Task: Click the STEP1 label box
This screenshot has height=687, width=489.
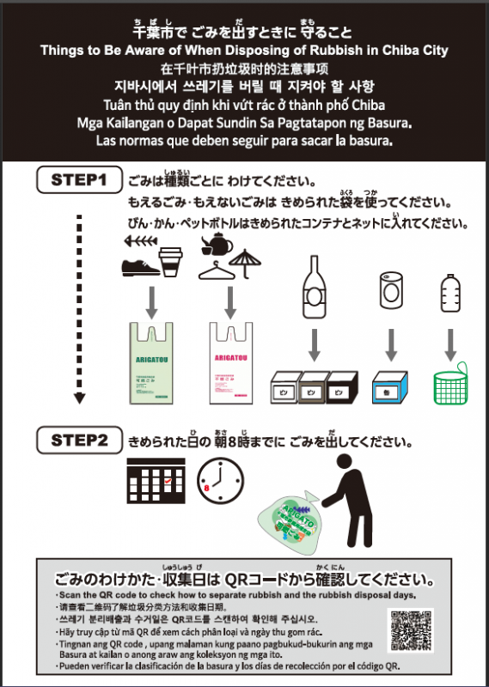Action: coord(79,180)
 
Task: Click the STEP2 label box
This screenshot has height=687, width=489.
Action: coord(79,441)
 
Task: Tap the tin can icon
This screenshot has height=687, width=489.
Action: coord(388,293)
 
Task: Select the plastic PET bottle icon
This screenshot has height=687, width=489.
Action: coord(449,295)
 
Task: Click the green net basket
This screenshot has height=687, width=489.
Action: coord(450,385)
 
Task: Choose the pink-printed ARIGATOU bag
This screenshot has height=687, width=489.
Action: coord(230,365)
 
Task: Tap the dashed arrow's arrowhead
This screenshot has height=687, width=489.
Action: coord(80,398)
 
